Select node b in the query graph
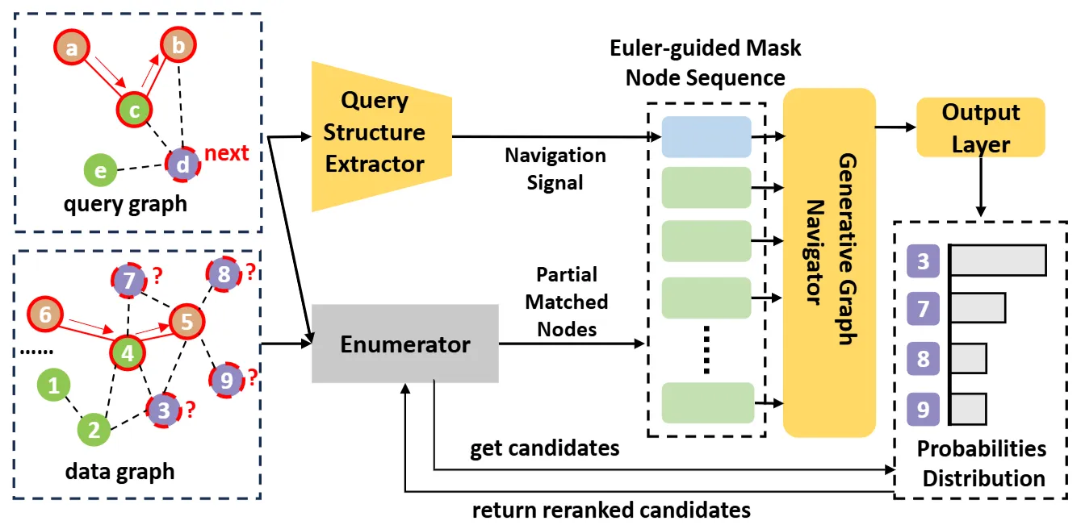click(x=178, y=46)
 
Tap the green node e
click(x=101, y=171)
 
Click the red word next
click(x=226, y=153)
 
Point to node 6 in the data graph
click(x=45, y=315)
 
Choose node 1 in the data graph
click(x=54, y=386)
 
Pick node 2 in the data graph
click(x=94, y=429)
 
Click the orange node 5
click(x=186, y=323)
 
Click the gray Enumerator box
click(x=405, y=344)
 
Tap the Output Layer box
click(x=981, y=127)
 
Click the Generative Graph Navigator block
click(x=829, y=262)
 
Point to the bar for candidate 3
click(x=998, y=260)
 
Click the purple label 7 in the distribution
click(x=923, y=307)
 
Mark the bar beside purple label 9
click(x=968, y=409)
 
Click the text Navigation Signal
click(x=555, y=169)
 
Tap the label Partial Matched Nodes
click(x=567, y=302)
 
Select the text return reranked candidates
click(x=611, y=510)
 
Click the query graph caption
click(x=125, y=203)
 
